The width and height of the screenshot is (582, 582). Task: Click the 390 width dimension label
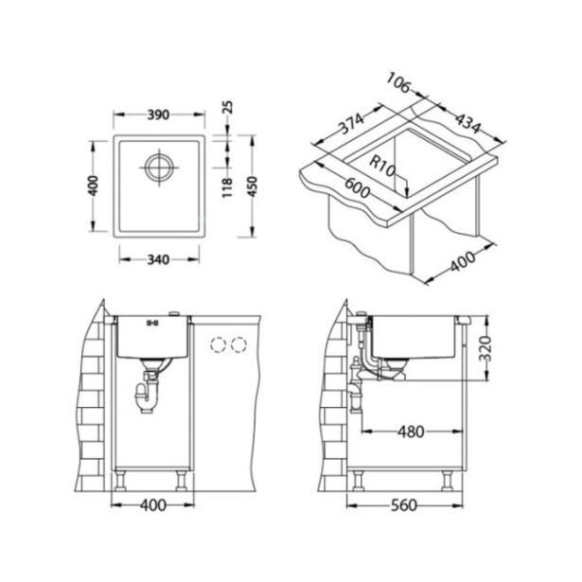click(x=158, y=115)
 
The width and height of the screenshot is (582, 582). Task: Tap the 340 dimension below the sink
click(x=158, y=259)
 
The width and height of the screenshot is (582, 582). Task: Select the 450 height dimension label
click(x=252, y=186)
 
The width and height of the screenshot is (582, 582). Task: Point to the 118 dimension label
click(x=227, y=187)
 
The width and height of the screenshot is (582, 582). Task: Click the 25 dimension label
click(x=227, y=107)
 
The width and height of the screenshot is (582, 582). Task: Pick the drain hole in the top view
click(x=159, y=168)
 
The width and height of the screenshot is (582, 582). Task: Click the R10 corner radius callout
click(x=381, y=166)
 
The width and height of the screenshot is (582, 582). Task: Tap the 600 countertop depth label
click(x=358, y=188)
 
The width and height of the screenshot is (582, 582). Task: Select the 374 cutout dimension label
click(x=351, y=123)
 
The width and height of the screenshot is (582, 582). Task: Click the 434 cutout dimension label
click(x=468, y=123)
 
